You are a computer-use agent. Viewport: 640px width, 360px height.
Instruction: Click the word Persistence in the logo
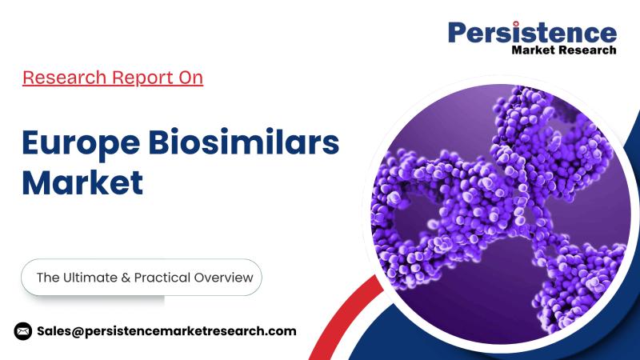tap(532, 32)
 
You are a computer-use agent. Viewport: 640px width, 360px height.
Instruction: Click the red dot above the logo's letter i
tap(515, 24)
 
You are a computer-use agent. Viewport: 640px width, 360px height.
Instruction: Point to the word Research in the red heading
tap(64, 77)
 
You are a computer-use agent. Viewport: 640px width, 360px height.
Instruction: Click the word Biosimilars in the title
tap(244, 142)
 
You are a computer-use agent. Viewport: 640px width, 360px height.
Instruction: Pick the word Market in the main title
tap(82, 182)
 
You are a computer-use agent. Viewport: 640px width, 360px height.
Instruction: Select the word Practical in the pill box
tap(162, 278)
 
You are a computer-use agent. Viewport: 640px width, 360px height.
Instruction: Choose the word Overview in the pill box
tap(224, 278)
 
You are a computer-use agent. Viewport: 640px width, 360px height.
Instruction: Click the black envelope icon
tap(23, 331)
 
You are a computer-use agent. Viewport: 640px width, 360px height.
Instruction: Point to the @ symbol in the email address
tap(78, 331)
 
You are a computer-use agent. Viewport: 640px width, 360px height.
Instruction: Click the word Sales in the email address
tap(54, 331)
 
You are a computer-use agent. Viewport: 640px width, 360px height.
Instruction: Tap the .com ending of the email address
tap(282, 331)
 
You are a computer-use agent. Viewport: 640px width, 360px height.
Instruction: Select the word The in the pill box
tap(48, 278)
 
